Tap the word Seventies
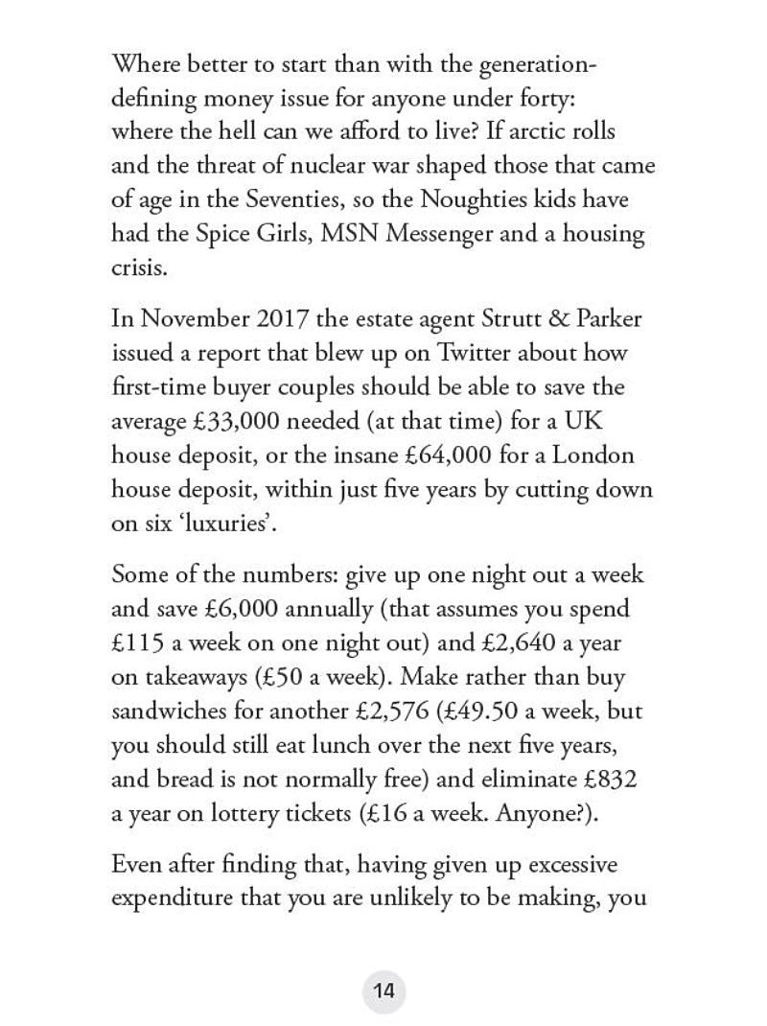pos(308,200)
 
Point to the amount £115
pos(140,643)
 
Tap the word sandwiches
pos(176,712)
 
